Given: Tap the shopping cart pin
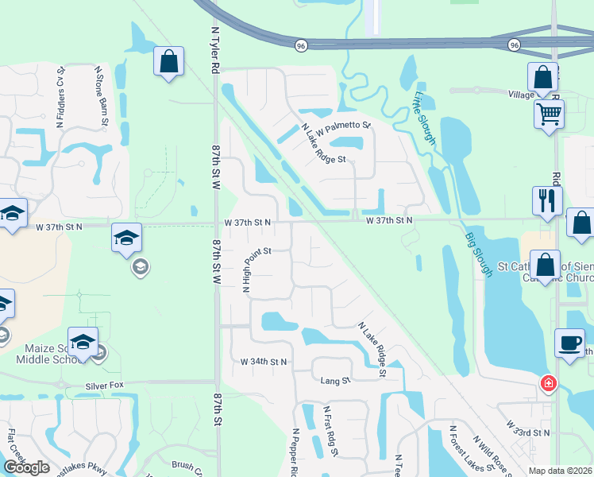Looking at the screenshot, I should click(549, 114).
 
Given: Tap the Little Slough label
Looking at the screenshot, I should click(424, 118).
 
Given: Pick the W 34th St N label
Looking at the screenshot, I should click(264, 362).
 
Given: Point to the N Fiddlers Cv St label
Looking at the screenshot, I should click(60, 98).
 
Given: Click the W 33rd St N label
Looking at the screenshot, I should click(527, 432).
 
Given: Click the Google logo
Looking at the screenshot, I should click(26, 467).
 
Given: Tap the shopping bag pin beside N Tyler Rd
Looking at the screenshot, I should click(169, 61).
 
